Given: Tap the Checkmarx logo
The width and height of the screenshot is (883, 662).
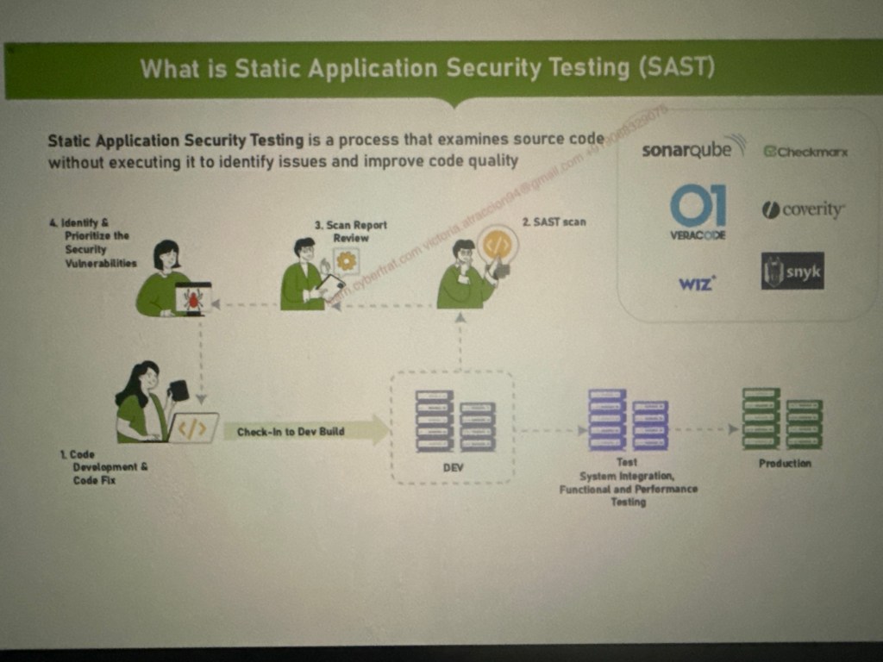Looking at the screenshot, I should click(805, 152).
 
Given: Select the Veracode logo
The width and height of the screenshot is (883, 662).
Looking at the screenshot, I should click(698, 212).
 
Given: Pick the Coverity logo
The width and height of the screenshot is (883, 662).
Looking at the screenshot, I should click(804, 209).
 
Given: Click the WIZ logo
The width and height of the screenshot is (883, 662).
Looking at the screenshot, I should click(697, 282).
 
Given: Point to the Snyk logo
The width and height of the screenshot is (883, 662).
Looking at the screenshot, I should click(792, 272).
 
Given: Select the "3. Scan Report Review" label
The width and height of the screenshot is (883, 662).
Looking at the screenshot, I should click(350, 231).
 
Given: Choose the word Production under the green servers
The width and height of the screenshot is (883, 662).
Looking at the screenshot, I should click(785, 463).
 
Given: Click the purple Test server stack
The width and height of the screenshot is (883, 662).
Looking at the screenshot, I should click(628, 421).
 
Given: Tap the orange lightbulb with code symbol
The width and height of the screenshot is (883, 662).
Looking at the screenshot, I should click(497, 245).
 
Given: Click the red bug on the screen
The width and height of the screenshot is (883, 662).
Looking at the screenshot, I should click(193, 298).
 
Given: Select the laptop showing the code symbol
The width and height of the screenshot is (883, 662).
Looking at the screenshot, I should click(193, 428).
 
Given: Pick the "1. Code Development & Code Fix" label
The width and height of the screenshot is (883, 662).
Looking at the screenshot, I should click(100, 466).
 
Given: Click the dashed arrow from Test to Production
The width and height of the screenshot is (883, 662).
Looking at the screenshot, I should click(705, 428).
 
